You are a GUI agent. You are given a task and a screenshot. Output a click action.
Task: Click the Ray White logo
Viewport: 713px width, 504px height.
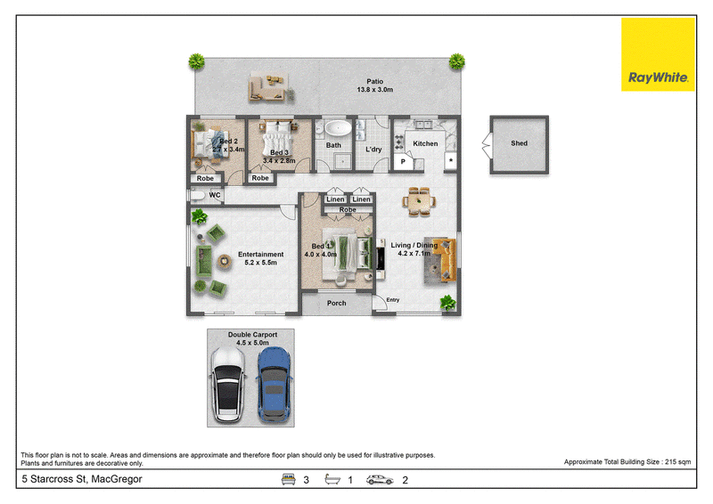coord(658,54)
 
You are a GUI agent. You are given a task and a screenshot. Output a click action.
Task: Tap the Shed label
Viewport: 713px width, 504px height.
coord(519,143)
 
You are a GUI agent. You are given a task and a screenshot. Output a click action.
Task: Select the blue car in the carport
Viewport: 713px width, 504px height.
coord(275,385)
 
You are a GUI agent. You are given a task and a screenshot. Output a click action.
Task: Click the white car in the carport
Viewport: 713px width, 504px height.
coord(227,385)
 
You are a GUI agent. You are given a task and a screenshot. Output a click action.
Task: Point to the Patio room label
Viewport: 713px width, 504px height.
coord(374,85)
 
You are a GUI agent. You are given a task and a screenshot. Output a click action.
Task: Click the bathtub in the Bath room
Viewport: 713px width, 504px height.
coord(338,128)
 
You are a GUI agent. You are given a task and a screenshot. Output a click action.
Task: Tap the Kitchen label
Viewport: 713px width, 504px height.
coord(425,143)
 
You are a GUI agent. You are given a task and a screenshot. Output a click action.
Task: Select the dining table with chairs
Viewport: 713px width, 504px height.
coord(419,201)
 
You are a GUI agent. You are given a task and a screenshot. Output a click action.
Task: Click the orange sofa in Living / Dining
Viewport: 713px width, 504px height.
coord(443,259)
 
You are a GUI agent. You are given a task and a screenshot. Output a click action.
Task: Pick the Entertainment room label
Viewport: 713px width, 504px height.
coord(260,258)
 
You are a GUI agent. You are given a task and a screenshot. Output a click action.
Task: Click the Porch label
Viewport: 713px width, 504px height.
coord(337,303)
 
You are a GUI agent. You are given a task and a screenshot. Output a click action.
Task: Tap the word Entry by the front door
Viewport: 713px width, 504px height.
coord(393,300)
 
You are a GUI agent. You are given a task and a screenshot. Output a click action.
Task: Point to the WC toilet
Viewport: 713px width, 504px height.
coord(197,195)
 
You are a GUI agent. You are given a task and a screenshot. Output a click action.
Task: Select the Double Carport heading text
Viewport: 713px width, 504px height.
coord(252,335)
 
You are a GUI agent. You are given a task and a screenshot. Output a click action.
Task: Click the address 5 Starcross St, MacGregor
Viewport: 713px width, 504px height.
coord(82,479)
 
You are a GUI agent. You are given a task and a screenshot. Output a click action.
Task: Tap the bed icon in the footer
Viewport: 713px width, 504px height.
coord(288,479)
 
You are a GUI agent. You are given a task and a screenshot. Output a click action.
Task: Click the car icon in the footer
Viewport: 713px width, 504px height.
coord(380,480)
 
